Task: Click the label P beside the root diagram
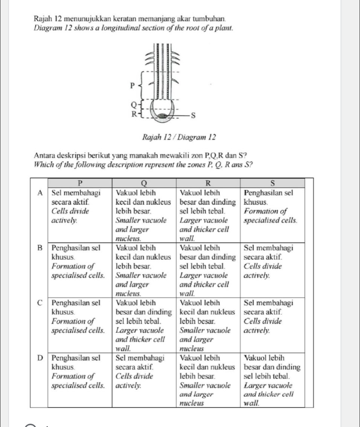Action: click(x=132, y=85)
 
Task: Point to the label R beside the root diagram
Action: click(x=133, y=114)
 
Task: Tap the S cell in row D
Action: click(x=272, y=380)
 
